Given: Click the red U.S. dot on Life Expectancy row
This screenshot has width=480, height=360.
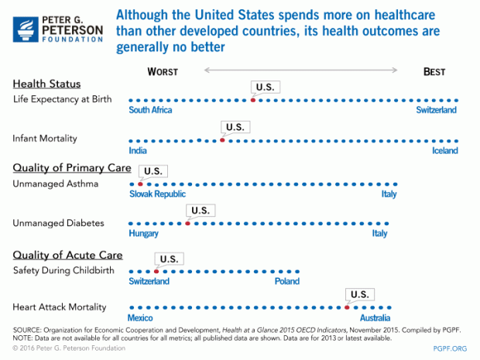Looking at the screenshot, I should pyautogui.click(x=252, y=100).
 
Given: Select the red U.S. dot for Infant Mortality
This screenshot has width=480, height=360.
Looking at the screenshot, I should pyautogui.click(x=222, y=140).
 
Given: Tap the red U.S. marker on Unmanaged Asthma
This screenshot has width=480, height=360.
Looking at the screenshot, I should pyautogui.click(x=140, y=183).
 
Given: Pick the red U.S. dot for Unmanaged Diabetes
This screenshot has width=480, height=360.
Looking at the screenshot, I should pyautogui.click(x=187, y=223).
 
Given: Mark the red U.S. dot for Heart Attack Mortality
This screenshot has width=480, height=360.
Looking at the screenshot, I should pyautogui.click(x=348, y=307).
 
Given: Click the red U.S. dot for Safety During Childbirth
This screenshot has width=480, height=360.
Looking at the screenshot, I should pyautogui.click(x=156, y=271).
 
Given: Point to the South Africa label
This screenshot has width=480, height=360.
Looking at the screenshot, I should pyautogui.click(x=150, y=110).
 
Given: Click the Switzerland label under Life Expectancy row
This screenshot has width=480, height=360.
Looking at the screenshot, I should pyautogui.click(x=435, y=110).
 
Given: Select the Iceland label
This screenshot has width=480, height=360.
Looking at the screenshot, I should pyautogui.click(x=444, y=150).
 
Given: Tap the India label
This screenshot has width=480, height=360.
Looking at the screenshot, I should pyautogui.click(x=138, y=150).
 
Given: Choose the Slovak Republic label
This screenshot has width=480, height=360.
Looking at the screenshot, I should pyautogui.click(x=157, y=194).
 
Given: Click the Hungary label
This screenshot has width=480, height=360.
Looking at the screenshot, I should pyautogui.click(x=144, y=233).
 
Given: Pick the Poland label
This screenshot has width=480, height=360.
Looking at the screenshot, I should pyautogui.click(x=286, y=281).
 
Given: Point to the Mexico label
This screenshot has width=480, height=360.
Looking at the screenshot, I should pyautogui.click(x=142, y=318).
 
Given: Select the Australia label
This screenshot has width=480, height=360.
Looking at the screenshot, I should pyautogui.click(x=375, y=318).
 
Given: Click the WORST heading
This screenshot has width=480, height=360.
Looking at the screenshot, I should pyautogui.click(x=163, y=72).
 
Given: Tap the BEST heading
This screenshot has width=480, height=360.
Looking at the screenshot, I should pyautogui.click(x=434, y=72).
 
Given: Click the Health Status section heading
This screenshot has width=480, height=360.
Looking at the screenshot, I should pyautogui.click(x=46, y=84).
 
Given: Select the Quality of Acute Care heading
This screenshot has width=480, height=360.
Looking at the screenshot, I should pyautogui.click(x=68, y=255).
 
